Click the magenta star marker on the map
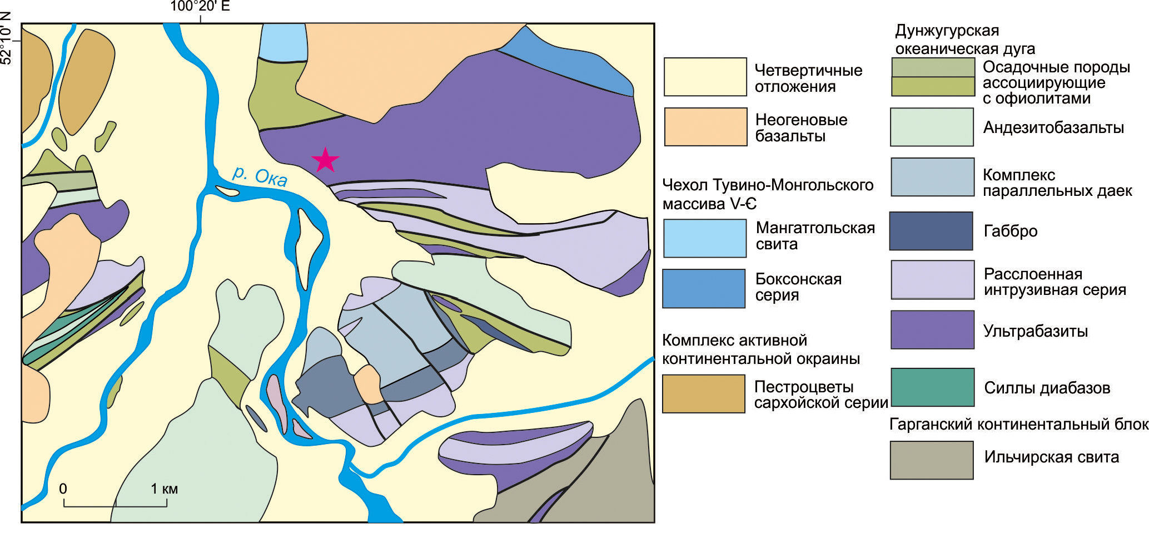click(x=325, y=160)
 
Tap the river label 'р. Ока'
click(x=260, y=176)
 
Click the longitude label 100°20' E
click(x=200, y=7)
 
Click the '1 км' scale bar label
click(x=164, y=489)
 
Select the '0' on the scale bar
click(x=63, y=489)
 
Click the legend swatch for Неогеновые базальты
click(x=705, y=127)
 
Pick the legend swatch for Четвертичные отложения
click(x=705, y=77)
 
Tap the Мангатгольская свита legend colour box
click(x=704, y=238)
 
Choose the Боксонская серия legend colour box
click(x=704, y=288)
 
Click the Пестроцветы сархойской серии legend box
click(x=703, y=393)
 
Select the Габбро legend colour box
click(x=931, y=231)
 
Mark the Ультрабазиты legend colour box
click(x=932, y=330)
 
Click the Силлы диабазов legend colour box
click(x=932, y=387)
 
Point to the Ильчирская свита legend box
click(x=932, y=460)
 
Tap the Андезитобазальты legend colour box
click(x=932, y=127)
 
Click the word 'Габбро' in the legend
click(x=1010, y=231)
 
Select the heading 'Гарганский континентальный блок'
click(x=1018, y=425)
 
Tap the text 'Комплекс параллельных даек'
click(x=1057, y=183)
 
